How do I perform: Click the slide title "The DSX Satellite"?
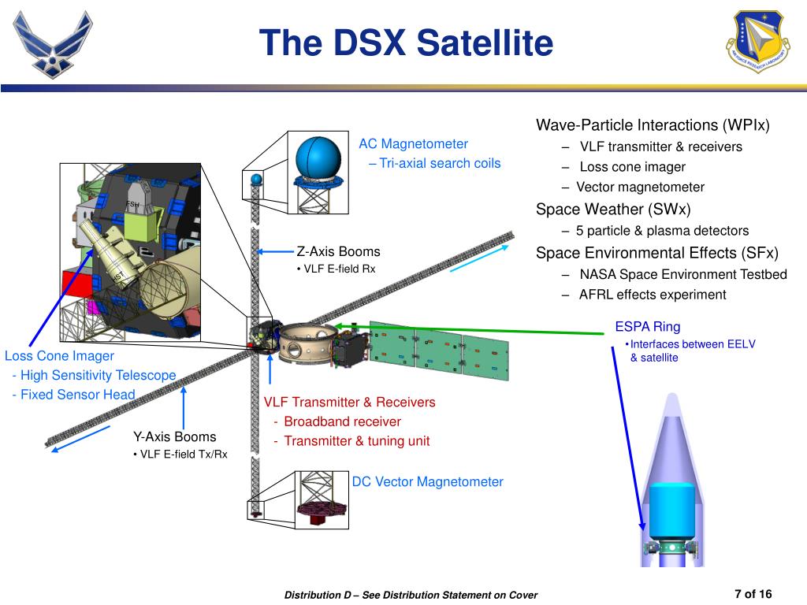coord(407,43)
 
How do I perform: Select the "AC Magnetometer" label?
coord(413,144)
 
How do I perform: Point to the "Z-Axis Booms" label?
coord(338,252)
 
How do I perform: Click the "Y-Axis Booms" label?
coord(174,437)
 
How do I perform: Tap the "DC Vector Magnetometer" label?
coord(427,482)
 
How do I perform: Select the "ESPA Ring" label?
coord(647,327)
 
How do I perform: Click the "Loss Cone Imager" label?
coord(59,356)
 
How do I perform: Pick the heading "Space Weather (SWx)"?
coord(613,210)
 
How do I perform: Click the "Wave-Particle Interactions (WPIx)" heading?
coord(653,125)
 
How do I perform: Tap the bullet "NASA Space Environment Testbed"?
coord(682,274)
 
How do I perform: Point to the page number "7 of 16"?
coord(753,594)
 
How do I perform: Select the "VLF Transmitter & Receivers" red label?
coord(349,403)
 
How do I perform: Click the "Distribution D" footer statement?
coord(411,595)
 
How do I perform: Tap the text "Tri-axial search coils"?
coord(439,164)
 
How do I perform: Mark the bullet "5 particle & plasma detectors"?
coord(662,231)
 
